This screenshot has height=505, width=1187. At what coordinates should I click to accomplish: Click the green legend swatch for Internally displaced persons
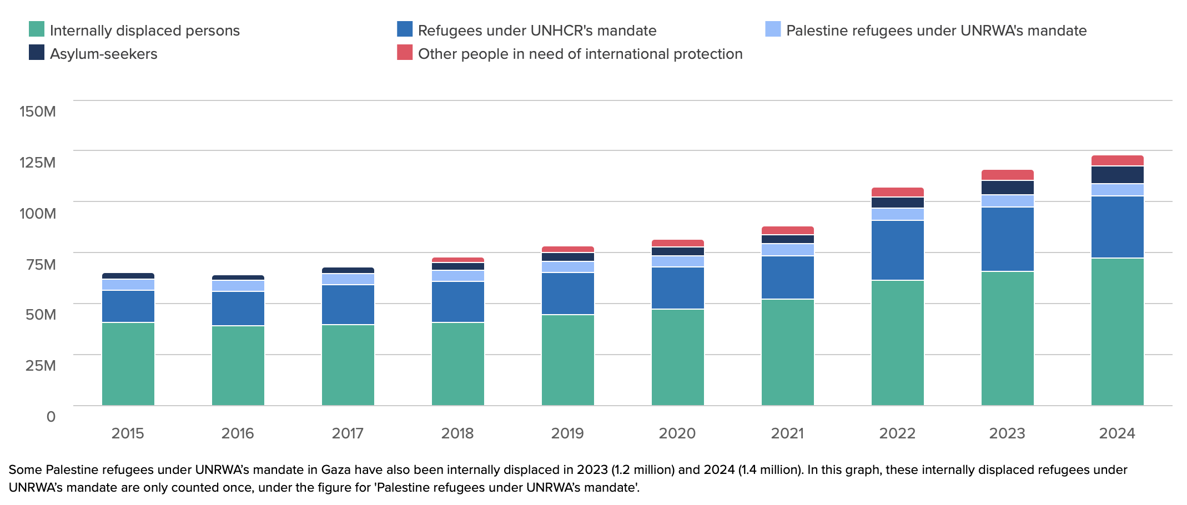(x=37, y=29)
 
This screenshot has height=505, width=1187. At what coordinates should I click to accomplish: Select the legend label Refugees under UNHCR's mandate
(x=537, y=31)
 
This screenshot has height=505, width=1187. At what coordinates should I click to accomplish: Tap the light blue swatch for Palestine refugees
(x=773, y=29)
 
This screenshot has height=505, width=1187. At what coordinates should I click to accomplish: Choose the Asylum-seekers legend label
(x=103, y=54)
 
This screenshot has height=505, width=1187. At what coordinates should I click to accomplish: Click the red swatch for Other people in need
(x=405, y=52)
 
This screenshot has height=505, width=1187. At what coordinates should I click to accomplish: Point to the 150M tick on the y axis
(x=38, y=112)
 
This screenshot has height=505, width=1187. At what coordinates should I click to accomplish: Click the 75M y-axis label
(x=38, y=264)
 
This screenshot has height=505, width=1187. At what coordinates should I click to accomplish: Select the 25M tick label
(x=41, y=366)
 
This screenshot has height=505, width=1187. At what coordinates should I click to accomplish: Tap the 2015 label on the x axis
(x=128, y=433)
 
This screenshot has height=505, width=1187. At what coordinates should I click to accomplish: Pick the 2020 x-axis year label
(x=677, y=433)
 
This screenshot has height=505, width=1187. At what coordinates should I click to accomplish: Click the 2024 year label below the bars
(x=1117, y=433)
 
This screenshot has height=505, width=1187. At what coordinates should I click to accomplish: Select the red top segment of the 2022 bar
(x=897, y=192)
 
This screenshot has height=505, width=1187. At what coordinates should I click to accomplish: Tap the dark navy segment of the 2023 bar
(x=1007, y=188)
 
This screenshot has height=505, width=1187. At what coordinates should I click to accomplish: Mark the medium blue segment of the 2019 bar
(x=567, y=294)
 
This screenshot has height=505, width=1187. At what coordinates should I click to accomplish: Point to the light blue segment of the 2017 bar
(x=348, y=279)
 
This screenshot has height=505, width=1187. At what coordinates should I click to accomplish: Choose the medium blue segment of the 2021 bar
(x=787, y=277)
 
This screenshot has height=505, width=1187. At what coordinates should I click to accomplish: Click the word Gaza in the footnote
(x=336, y=470)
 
